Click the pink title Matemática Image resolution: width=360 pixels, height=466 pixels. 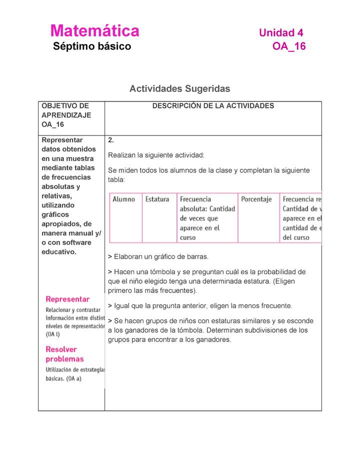pos(94,31)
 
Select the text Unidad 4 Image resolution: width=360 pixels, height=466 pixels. pos(281,33)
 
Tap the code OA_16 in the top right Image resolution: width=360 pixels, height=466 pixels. pos(288,46)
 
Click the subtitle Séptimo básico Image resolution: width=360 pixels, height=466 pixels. pos(92,46)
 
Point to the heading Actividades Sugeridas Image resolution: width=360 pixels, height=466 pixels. pos(179,88)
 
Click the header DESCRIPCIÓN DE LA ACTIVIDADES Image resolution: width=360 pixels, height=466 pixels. pos(213,106)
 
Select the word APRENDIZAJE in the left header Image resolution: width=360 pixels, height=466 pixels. pos(66,115)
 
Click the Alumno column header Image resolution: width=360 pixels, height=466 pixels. pos(123,199)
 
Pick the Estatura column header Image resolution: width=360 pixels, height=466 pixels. pos(157,199)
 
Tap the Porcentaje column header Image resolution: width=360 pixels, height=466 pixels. pos(256,199)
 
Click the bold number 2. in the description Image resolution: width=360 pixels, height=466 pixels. pos(111,140)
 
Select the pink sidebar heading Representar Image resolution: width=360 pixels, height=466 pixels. pos(67,299)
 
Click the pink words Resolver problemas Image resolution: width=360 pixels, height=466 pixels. pos(65,354)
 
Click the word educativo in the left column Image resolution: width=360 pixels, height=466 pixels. pos(58,251)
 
